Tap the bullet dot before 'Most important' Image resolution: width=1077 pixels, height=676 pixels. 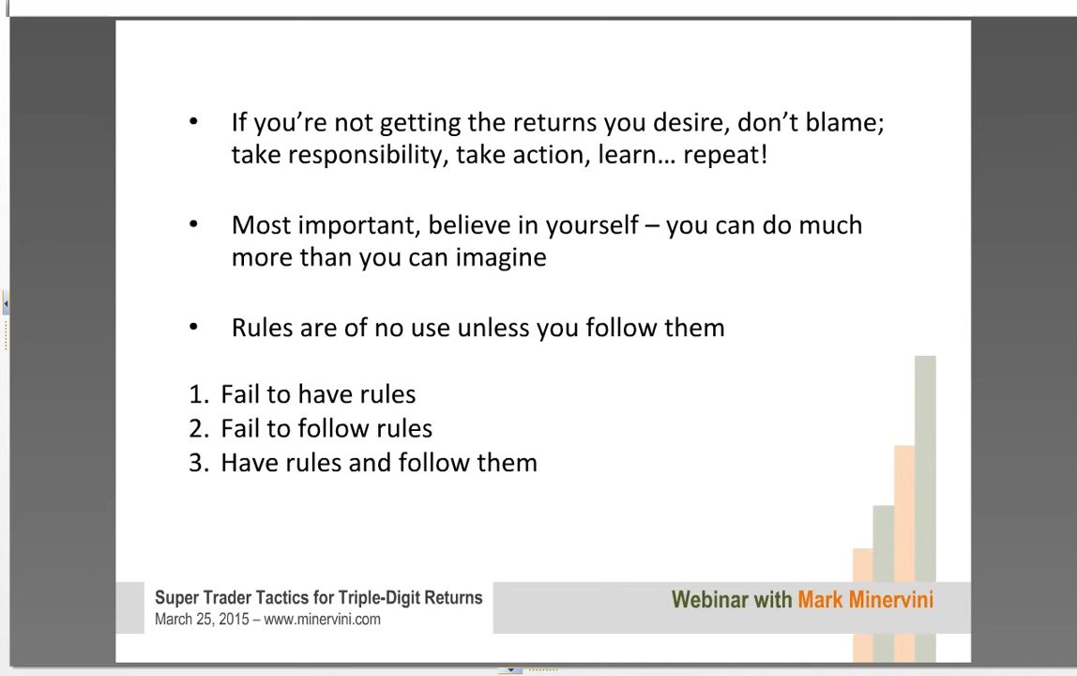tap(193, 224)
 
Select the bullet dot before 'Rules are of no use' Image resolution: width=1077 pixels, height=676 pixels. tap(193, 328)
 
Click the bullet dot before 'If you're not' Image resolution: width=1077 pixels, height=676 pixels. tap(193, 122)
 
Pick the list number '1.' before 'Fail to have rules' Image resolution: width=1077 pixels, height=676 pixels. tap(199, 394)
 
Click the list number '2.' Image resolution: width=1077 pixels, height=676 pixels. tap(199, 429)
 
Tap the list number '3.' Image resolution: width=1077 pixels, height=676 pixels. tap(199, 463)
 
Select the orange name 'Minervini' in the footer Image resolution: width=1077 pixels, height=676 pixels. tap(891, 600)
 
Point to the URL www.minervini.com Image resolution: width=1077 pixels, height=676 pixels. tap(322, 620)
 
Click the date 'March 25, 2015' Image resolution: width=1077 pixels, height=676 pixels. tap(202, 620)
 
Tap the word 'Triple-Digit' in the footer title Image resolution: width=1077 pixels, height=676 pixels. tap(379, 598)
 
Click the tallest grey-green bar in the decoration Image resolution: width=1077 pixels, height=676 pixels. tap(925, 509)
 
